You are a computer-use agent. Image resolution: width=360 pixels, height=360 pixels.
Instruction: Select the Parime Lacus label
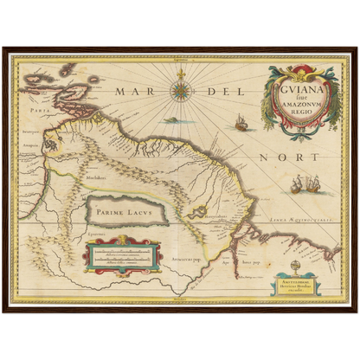[x=125, y=209]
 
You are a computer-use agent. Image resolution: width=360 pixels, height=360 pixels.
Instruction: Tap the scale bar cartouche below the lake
[x=123, y=254]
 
